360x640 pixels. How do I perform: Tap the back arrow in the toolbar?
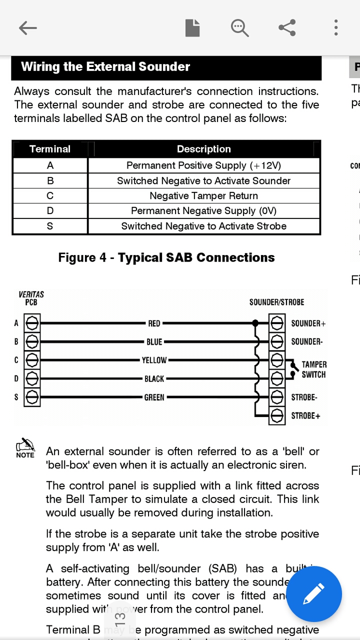28,28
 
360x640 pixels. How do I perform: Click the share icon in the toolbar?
287,27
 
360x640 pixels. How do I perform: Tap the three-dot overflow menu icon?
336,27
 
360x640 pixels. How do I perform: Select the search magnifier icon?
239,28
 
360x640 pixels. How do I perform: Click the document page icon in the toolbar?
192,27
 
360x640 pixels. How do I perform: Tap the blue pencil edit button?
314,594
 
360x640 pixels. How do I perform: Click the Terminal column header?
50,149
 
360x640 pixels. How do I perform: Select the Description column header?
203,149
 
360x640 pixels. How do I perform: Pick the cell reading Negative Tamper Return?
203,196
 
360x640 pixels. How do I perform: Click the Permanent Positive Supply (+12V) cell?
203,165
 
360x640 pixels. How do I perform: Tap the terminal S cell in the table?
50,226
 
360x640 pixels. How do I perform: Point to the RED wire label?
154,323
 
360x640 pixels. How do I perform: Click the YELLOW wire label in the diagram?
154,360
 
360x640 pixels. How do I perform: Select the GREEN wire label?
154,397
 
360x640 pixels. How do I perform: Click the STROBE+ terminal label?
305,415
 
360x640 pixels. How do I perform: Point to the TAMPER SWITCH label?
313,369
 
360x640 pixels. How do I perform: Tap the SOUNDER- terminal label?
306,342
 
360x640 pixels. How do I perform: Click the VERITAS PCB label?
31,298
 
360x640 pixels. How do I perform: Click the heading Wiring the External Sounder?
105,67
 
